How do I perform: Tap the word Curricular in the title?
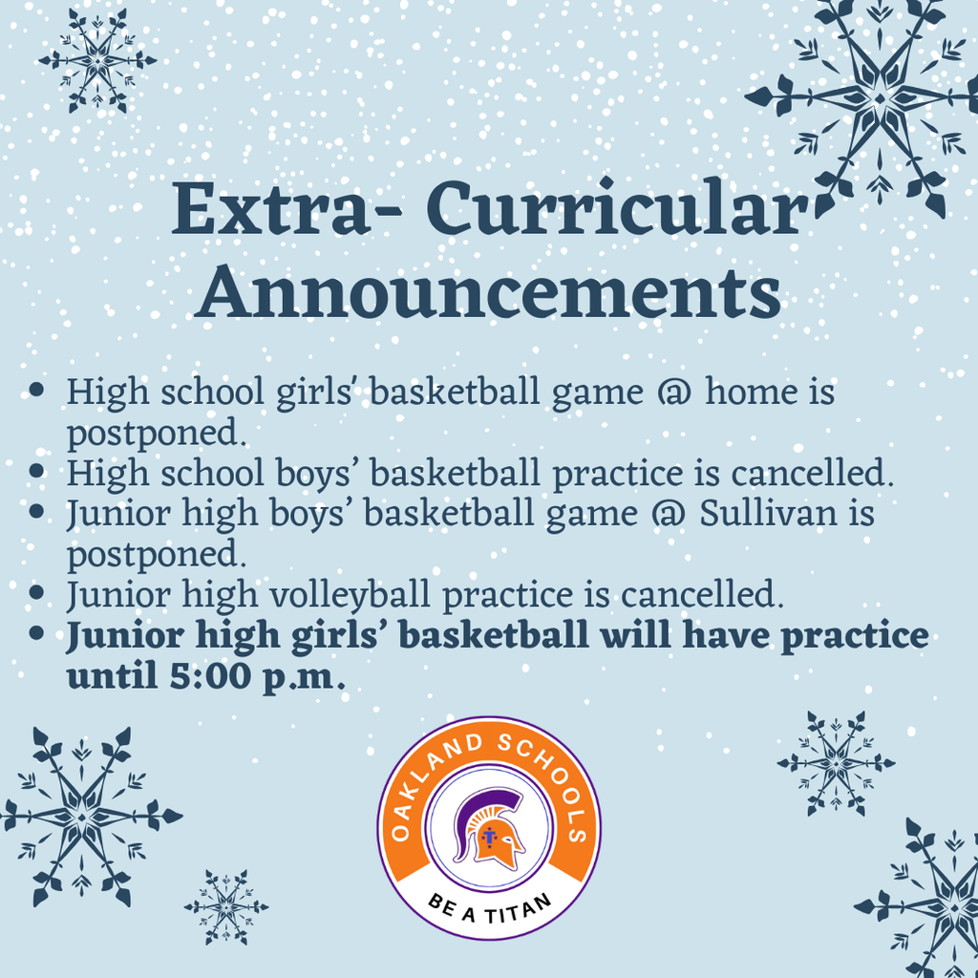612,212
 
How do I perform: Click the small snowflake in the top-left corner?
96,60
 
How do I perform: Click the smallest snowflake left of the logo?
226,906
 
